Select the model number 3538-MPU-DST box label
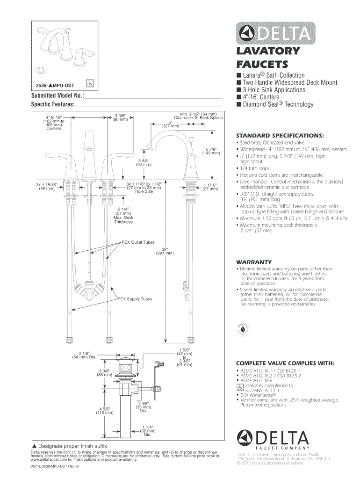[56, 86]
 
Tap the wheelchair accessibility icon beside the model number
[91, 84]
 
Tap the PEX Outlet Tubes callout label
[138, 242]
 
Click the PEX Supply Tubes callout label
[135, 298]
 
